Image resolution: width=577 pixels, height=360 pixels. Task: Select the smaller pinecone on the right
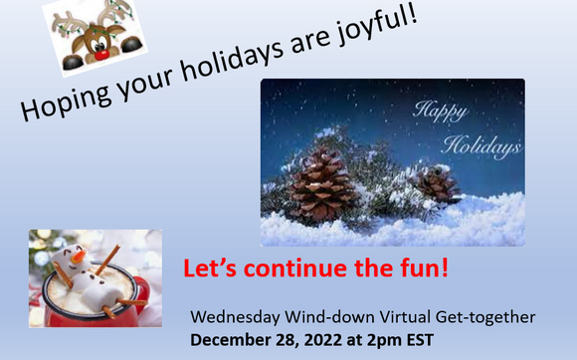[437, 184]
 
